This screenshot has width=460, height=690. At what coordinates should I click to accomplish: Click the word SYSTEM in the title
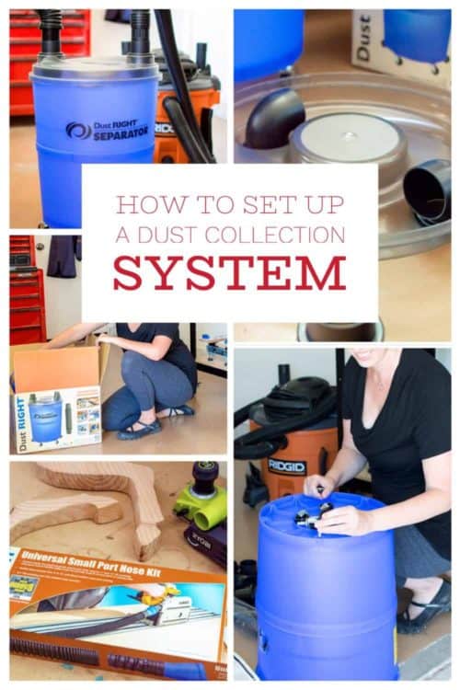(229, 273)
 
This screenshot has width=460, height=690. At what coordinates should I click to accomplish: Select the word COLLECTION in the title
(275, 235)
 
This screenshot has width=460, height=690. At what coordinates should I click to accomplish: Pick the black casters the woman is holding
(313, 517)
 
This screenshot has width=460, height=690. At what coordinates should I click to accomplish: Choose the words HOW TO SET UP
(229, 204)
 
